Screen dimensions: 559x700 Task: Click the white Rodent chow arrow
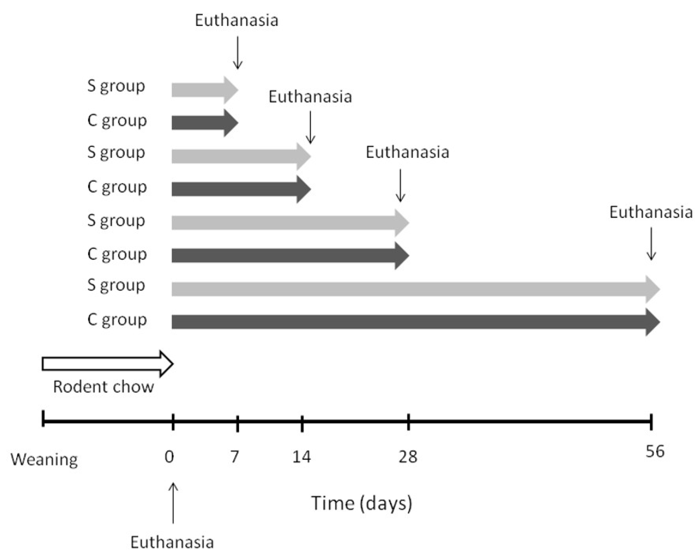point(107,364)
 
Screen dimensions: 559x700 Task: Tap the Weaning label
point(44,459)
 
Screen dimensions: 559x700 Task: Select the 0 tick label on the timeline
point(169,457)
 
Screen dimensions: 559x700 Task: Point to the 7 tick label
point(235,457)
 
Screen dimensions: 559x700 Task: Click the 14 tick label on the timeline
point(302,457)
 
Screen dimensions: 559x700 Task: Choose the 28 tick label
point(408,457)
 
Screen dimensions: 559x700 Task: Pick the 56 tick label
point(655,451)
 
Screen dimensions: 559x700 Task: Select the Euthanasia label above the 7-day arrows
point(237,20)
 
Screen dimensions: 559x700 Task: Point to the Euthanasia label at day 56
point(651,212)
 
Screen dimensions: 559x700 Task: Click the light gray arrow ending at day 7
point(204,90)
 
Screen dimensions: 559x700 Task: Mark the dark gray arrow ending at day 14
point(240,189)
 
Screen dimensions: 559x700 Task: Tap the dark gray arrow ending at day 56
point(415,322)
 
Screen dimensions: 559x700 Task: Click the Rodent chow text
point(103,387)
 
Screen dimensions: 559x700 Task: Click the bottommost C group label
point(117,320)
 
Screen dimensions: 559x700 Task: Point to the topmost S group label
point(116,86)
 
